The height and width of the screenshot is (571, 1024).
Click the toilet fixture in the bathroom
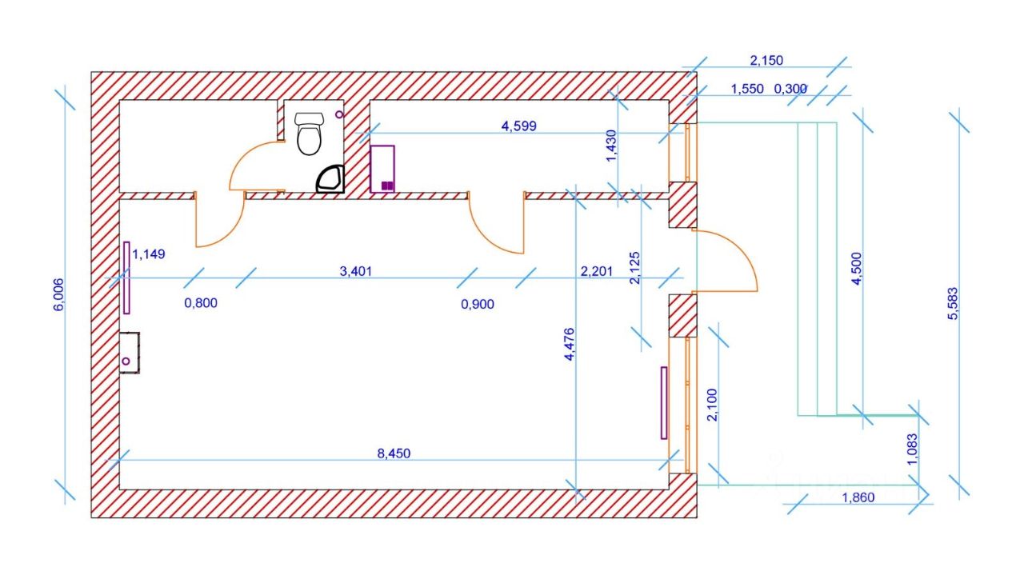coord(309,133)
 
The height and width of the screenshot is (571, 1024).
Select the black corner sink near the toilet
coord(330,180)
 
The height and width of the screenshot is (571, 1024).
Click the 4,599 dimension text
coord(518,126)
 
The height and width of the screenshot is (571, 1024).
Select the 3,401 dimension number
coord(356,272)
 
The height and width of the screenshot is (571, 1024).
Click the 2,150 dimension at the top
coord(766,60)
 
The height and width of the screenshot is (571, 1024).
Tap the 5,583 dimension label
coord(952,305)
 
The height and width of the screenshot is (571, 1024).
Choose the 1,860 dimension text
coord(858,497)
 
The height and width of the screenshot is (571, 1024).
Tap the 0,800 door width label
coord(201,303)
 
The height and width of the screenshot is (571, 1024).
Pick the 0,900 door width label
coord(478,304)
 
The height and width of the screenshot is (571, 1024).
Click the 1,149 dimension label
coord(148,255)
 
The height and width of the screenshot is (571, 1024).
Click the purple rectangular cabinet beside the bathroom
coord(382,169)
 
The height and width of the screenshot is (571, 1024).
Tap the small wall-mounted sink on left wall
coord(128,353)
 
